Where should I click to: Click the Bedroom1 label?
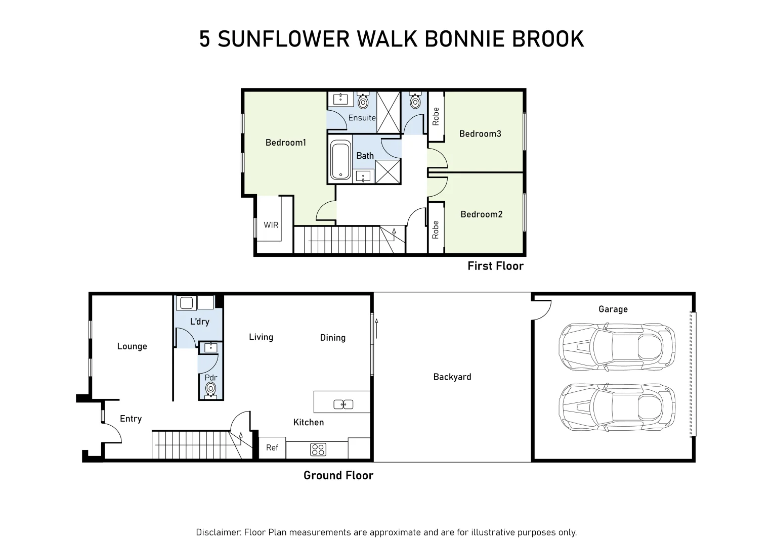click(x=286, y=143)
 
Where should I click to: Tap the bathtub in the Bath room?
click(x=340, y=160)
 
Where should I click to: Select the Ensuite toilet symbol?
click(x=363, y=101)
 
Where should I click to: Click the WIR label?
click(x=271, y=225)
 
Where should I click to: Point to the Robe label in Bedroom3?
click(x=436, y=117)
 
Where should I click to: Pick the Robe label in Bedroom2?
click(x=436, y=230)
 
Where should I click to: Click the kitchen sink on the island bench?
click(x=343, y=404)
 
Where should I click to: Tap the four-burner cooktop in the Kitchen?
click(x=318, y=449)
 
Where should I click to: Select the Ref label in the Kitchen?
click(x=272, y=448)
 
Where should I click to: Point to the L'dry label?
click(x=200, y=322)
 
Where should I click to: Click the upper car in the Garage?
click(x=617, y=347)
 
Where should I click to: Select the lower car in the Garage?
click(x=617, y=407)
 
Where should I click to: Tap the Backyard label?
click(x=452, y=377)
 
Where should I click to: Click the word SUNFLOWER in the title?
click(x=284, y=39)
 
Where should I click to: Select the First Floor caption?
click(x=496, y=266)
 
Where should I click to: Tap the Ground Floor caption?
click(x=338, y=476)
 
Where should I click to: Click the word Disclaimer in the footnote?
click(x=219, y=532)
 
